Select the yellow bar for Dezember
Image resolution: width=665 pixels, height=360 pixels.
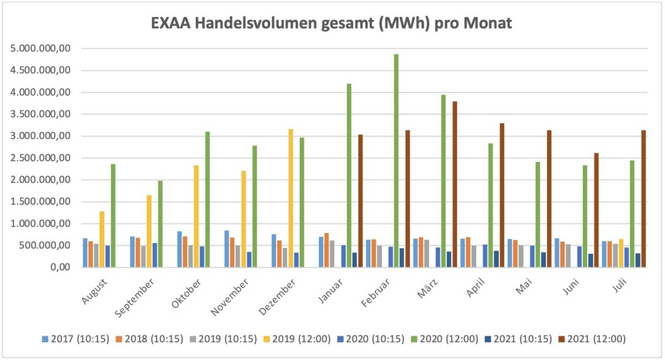(290, 198)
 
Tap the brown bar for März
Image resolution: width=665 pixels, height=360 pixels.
(455, 184)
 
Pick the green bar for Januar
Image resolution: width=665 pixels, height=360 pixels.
(349, 175)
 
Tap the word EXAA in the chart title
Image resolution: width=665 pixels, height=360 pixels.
(171, 23)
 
